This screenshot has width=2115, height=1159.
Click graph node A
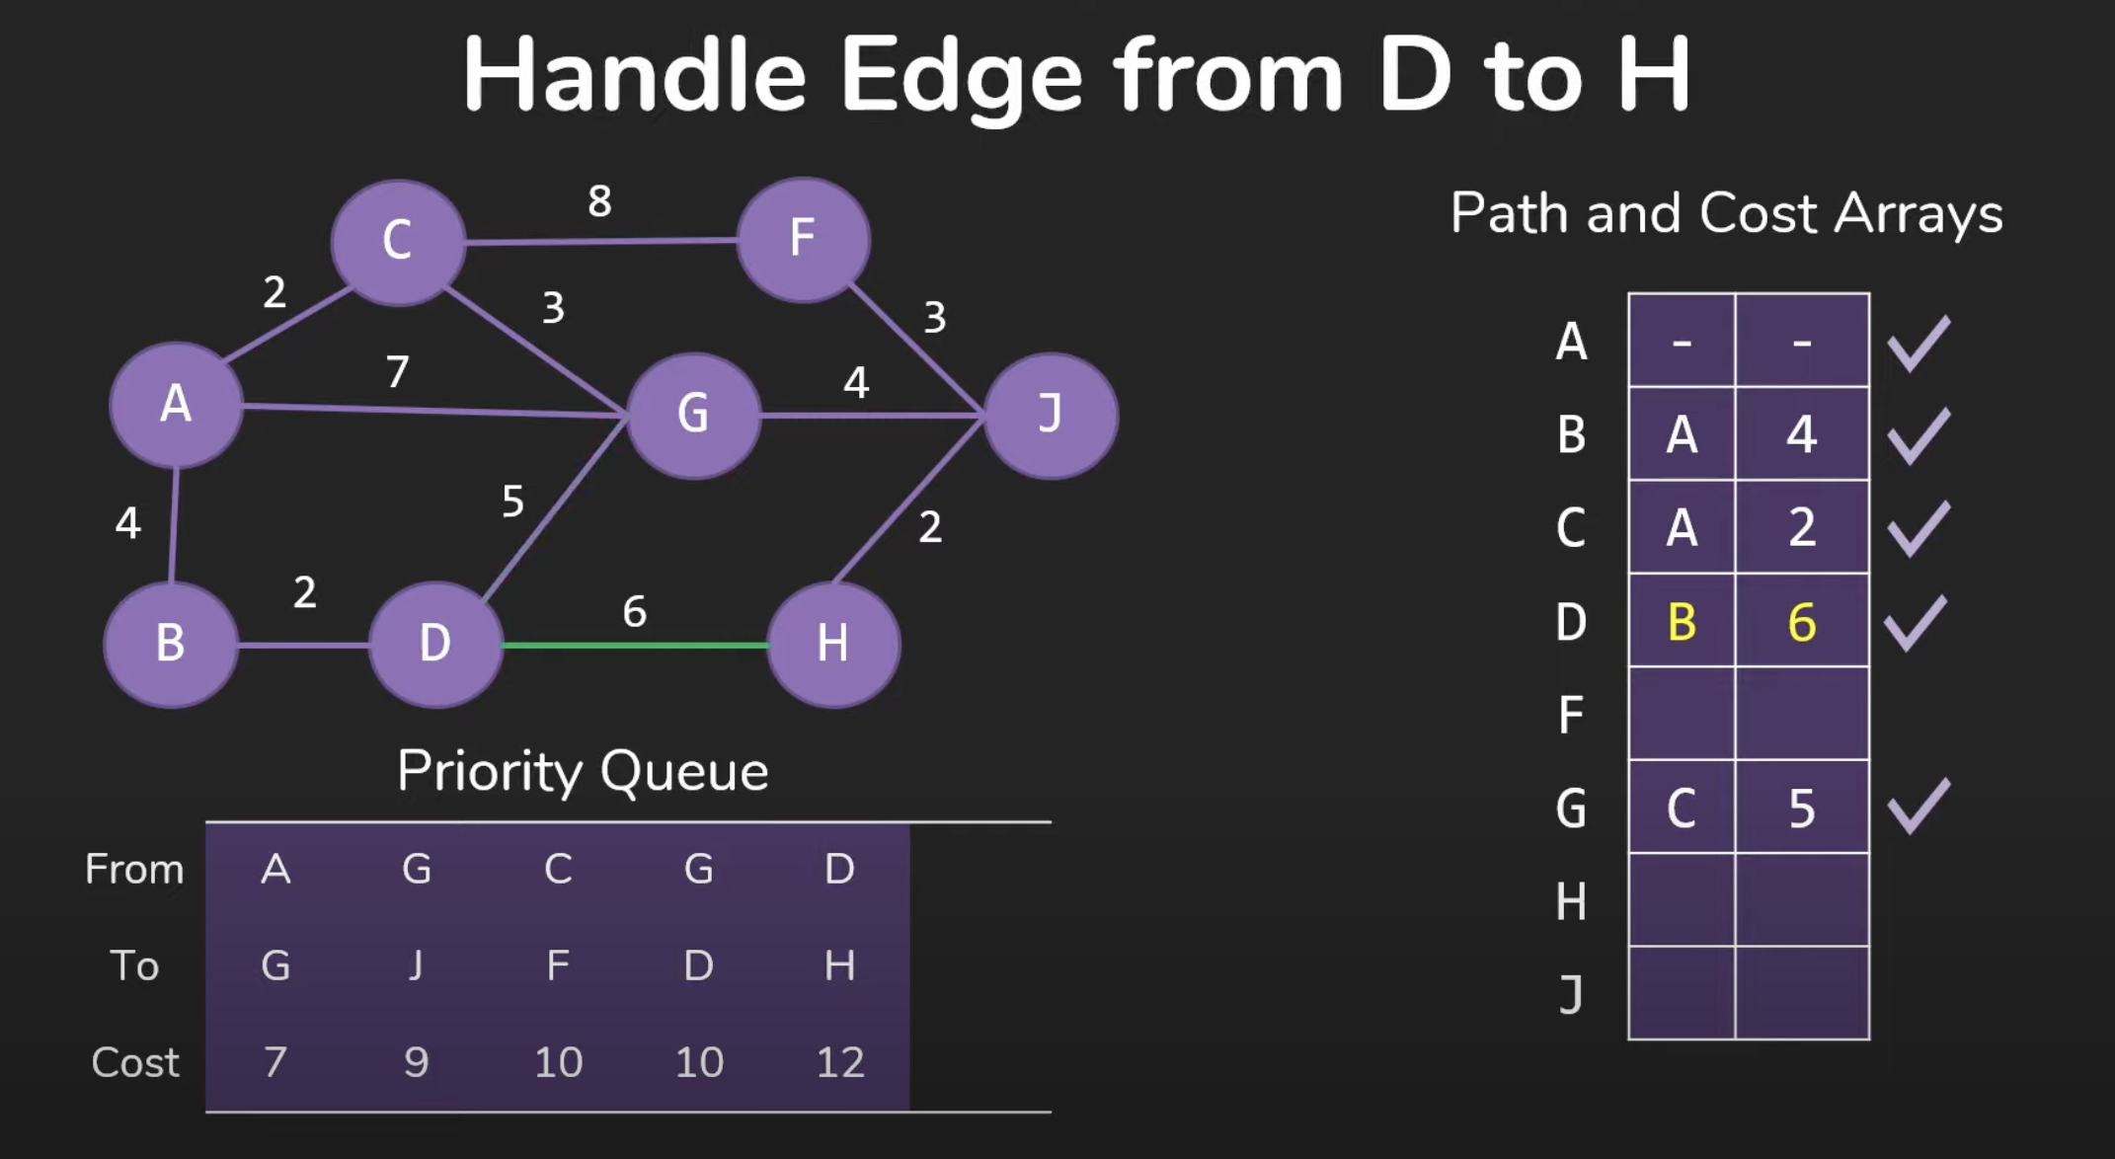tap(176, 405)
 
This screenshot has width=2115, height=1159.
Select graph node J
tap(1051, 415)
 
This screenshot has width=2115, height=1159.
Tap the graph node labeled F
tap(803, 240)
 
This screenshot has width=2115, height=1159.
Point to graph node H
tap(833, 645)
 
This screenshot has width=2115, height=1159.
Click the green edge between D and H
tap(634, 646)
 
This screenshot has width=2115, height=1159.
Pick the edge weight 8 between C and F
tap(599, 201)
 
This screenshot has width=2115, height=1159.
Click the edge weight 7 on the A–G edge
tap(397, 372)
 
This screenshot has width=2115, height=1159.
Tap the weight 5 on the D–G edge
tap(512, 502)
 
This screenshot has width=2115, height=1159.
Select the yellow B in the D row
tap(1682, 622)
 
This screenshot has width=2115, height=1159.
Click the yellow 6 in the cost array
tap(1802, 622)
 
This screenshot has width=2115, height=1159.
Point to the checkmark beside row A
tap(1918, 344)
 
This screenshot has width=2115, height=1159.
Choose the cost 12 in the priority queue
tap(840, 1062)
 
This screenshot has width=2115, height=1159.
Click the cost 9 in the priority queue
tap(416, 1062)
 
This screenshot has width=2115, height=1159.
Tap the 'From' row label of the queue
tap(134, 869)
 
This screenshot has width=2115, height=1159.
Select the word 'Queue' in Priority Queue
tap(683, 771)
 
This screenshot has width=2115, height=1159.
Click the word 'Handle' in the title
tap(634, 75)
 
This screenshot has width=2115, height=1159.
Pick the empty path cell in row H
tap(1682, 900)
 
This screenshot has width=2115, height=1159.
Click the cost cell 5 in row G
tap(1802, 808)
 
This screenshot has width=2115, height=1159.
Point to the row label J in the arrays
tap(1571, 994)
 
